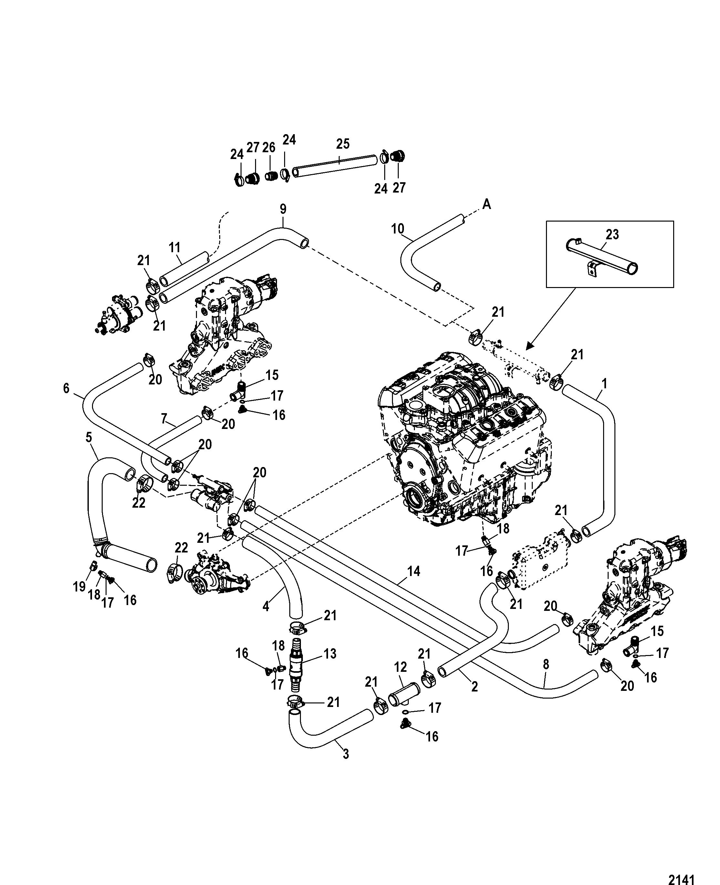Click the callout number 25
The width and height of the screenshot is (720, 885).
(x=343, y=144)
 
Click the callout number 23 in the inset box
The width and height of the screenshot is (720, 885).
(x=612, y=234)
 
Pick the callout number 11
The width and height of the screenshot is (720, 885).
(x=175, y=248)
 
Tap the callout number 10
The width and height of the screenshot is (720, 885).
(x=398, y=229)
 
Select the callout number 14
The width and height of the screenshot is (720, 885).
(x=414, y=572)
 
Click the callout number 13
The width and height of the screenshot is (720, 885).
(x=330, y=654)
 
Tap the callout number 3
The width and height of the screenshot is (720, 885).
(x=345, y=754)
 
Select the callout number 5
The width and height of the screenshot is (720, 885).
(x=88, y=438)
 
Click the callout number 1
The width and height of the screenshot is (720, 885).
(x=604, y=384)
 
